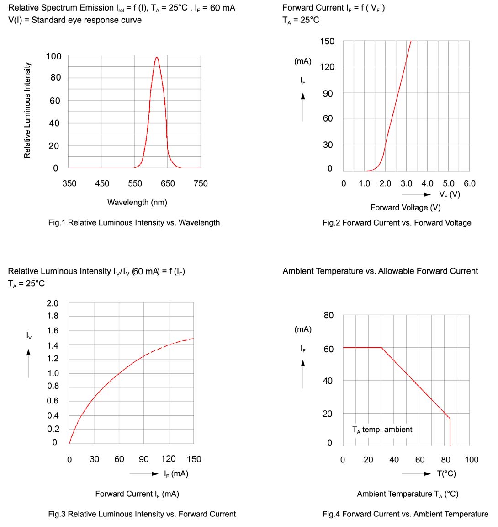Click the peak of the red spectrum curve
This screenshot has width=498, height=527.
coord(157,57)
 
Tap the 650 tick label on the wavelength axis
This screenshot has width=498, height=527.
coord(168,183)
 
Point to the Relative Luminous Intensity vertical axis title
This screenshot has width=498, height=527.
coord(27,110)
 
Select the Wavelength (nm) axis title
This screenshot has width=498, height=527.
coord(137,202)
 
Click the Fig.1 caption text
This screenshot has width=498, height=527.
coord(134,223)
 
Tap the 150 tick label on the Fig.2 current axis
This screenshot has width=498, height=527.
coord(327,42)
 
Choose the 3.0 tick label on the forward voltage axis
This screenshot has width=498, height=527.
coord(406,183)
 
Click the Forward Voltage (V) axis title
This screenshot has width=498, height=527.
coord(405,207)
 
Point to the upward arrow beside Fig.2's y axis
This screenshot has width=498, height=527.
coord(303,96)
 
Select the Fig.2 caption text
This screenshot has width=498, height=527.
coord(397,223)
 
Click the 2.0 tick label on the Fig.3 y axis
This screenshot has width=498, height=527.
coord(53,303)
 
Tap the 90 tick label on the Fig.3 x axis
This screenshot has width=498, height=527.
coord(143,459)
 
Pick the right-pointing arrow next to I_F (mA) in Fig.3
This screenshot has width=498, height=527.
coord(155,474)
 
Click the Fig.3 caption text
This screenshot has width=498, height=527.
coord(142,514)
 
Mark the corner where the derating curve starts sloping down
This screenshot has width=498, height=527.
coord(381,348)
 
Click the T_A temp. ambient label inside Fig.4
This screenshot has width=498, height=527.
coord(382,430)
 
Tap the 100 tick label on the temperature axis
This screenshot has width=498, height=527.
coord(472,460)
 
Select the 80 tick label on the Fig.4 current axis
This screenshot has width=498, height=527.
coord(328,315)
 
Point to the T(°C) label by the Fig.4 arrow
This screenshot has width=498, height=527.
coord(446,473)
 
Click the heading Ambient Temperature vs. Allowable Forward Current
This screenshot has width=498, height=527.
coord(380,271)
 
